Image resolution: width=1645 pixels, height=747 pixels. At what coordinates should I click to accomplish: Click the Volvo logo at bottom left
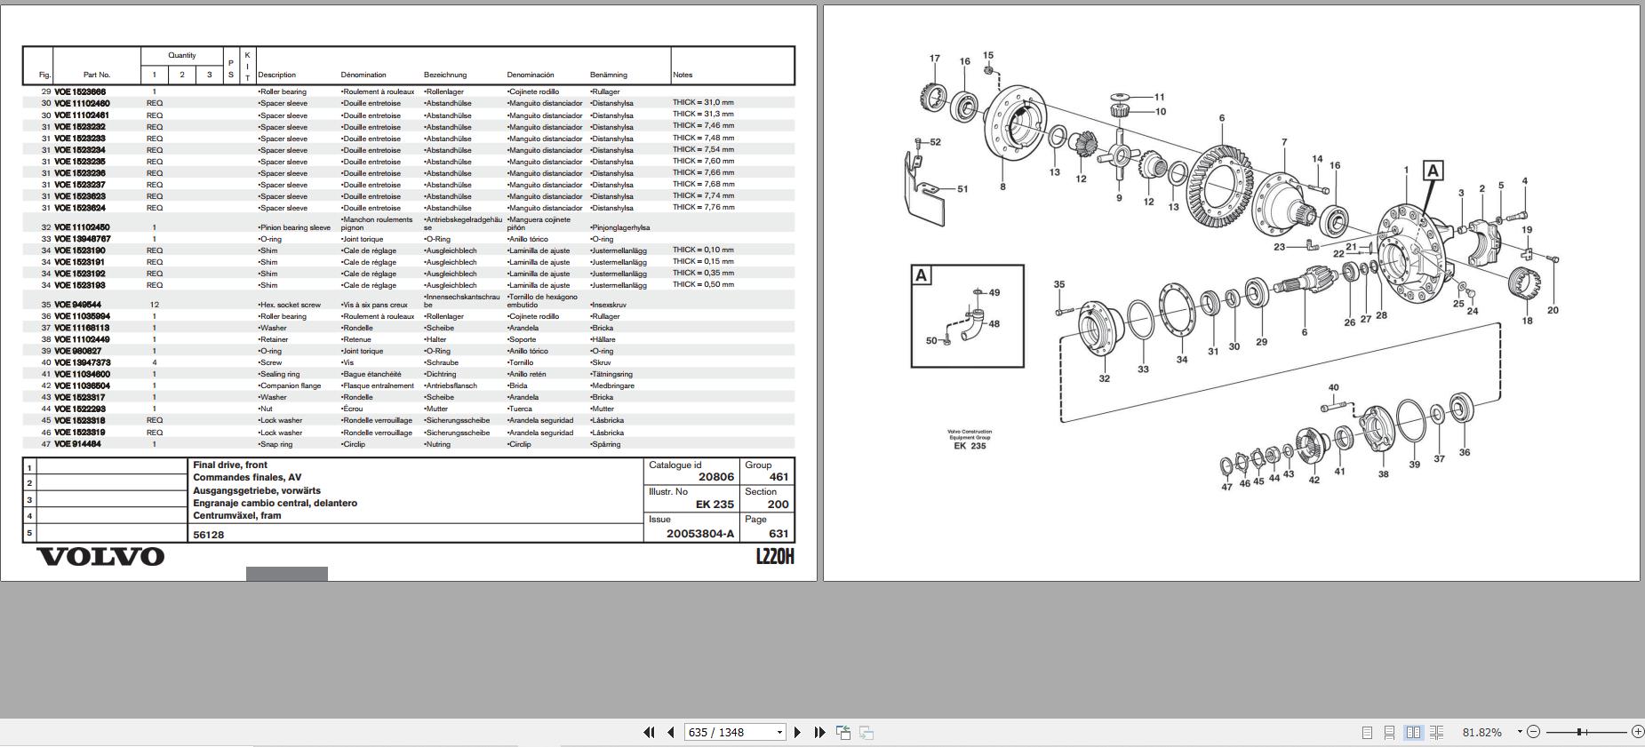(100, 557)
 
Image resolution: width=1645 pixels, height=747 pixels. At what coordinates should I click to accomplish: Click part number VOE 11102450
(82, 227)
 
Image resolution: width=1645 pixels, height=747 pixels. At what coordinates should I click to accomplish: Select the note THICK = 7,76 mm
(703, 207)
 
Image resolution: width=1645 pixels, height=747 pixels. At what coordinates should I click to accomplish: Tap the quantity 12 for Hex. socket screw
(155, 305)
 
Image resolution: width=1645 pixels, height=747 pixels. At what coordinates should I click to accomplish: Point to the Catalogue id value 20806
(715, 477)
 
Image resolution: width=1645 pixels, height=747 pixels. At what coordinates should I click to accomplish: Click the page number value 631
(779, 534)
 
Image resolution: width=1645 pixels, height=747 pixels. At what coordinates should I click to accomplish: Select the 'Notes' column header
(683, 75)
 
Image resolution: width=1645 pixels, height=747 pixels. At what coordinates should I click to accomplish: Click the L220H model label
(774, 557)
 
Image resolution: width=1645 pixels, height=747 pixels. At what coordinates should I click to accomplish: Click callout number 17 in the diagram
(934, 59)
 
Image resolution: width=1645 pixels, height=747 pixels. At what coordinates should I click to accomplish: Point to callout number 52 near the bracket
(935, 142)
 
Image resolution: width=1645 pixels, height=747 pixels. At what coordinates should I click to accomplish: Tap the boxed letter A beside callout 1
(1433, 171)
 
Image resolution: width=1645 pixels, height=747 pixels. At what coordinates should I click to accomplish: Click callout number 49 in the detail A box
(994, 292)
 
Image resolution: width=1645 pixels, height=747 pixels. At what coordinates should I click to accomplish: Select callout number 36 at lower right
(1464, 452)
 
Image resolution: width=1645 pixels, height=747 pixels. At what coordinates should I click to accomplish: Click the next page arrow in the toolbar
(797, 733)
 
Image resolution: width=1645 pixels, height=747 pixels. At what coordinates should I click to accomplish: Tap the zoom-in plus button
(1637, 732)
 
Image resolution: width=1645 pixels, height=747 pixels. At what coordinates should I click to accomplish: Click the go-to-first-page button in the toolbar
(649, 733)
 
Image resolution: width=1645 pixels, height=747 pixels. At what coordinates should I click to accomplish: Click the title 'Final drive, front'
(230, 465)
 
